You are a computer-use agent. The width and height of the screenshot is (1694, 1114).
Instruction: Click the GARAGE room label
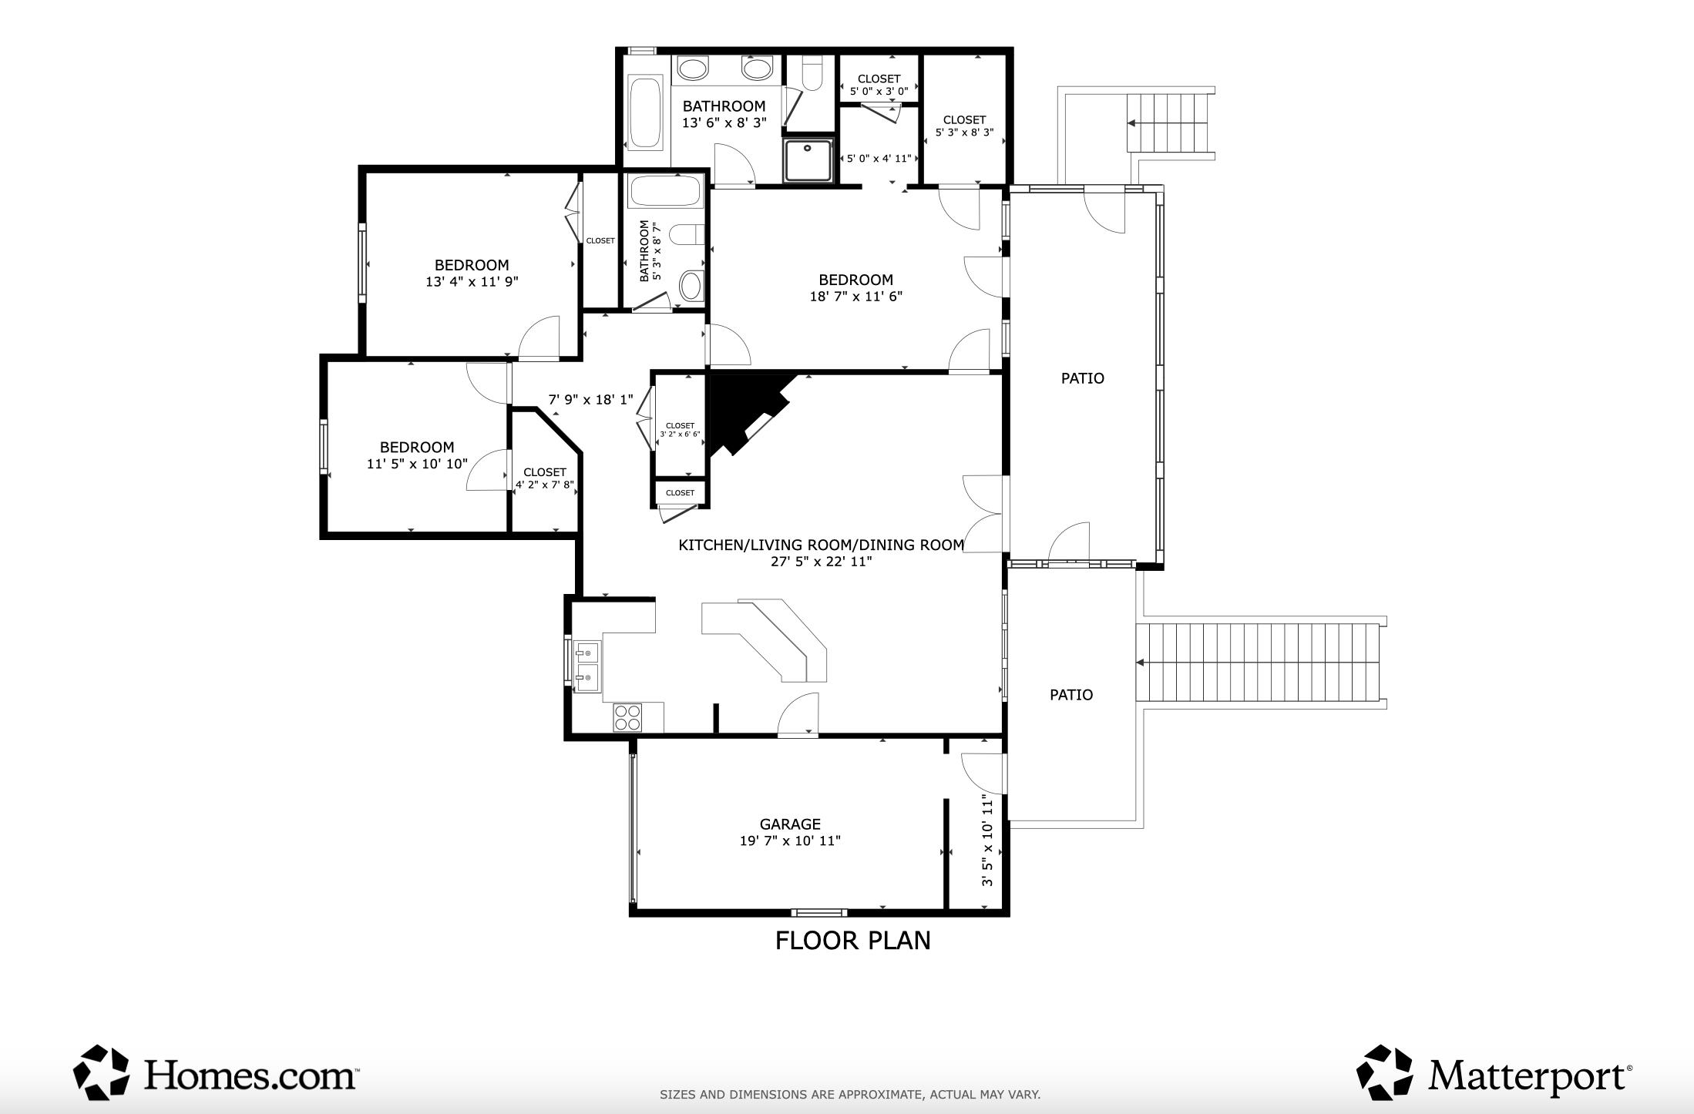[x=790, y=824]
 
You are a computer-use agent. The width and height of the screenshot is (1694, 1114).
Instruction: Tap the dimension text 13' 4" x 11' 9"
[x=472, y=282]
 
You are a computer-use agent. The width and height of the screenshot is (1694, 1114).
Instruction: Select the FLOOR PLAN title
[x=852, y=941]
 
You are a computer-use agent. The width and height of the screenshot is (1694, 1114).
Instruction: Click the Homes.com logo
[x=215, y=1072]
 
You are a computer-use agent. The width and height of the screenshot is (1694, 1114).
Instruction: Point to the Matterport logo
[x=1493, y=1072]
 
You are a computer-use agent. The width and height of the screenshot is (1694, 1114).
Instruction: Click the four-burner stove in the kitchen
[x=627, y=717]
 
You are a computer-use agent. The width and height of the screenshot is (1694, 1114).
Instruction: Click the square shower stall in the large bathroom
[x=808, y=160]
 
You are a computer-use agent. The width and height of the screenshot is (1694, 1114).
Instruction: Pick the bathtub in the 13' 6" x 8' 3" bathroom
[x=646, y=112]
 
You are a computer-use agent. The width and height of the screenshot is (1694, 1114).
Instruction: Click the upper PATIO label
[x=1083, y=378]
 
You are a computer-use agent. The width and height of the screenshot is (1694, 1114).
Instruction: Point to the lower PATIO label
[x=1071, y=695]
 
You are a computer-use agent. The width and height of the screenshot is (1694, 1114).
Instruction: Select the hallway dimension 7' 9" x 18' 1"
[x=590, y=400]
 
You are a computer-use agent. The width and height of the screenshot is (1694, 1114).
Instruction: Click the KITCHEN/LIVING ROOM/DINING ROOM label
[x=822, y=545]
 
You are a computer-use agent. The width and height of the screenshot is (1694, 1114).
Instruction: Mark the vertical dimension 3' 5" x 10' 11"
[x=987, y=841]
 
